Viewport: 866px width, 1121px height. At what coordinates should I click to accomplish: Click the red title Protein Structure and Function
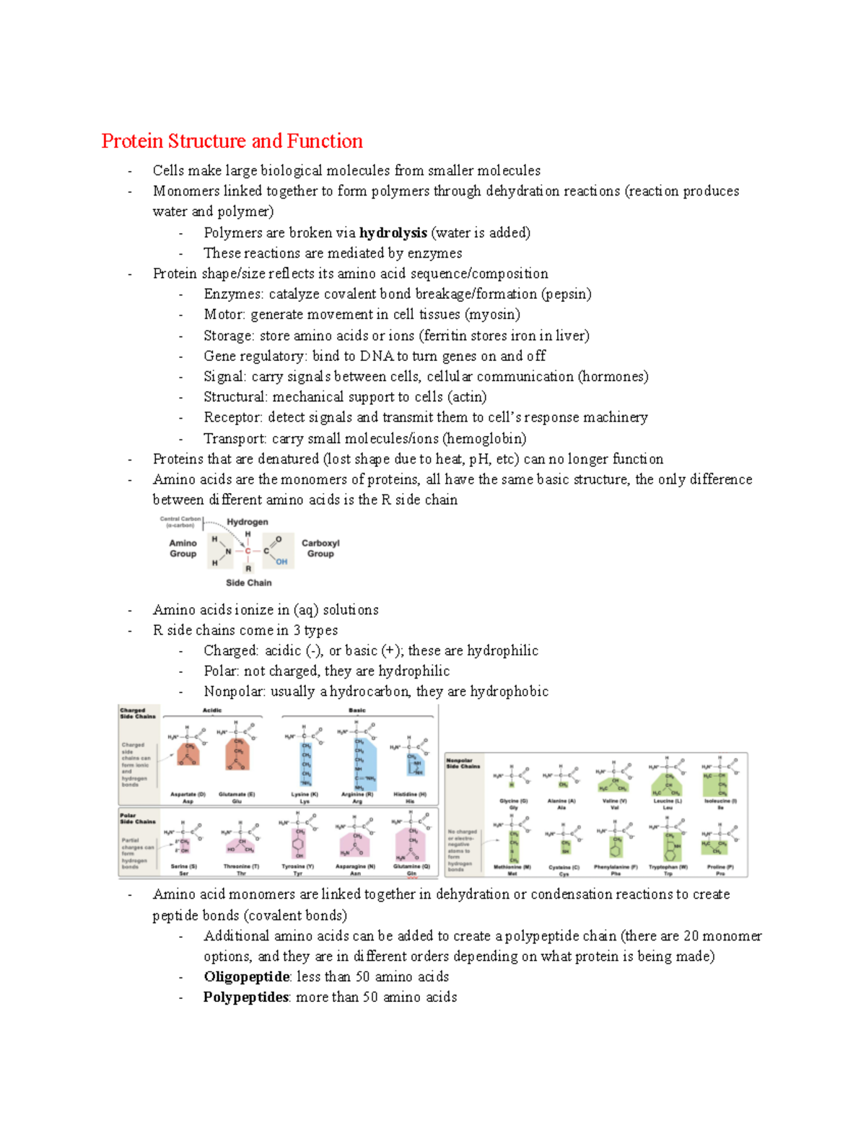[x=232, y=141]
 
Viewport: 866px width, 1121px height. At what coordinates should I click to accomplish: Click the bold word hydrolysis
[x=393, y=232]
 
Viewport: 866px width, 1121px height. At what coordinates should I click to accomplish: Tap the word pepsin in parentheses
[x=567, y=294]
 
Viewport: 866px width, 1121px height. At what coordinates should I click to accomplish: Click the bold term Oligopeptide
[x=247, y=977]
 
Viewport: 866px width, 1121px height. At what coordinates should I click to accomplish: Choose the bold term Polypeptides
[x=246, y=997]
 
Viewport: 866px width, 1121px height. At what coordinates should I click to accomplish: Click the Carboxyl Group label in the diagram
[x=320, y=548]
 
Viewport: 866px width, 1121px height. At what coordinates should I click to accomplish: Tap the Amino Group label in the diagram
[x=183, y=548]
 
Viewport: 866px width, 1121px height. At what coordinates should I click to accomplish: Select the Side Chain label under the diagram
[x=248, y=583]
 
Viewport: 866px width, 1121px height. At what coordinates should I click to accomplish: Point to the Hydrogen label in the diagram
[x=248, y=522]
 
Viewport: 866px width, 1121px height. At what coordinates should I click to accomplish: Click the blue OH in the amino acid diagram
[x=281, y=562]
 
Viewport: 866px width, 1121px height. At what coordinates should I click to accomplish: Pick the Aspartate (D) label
[x=188, y=794]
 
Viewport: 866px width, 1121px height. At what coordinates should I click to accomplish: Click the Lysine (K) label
[x=305, y=794]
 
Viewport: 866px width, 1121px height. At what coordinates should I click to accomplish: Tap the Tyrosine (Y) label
[x=298, y=866]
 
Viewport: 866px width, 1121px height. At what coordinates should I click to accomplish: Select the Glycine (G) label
[x=514, y=801]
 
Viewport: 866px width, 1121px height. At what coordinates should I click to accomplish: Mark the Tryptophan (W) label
[x=668, y=867]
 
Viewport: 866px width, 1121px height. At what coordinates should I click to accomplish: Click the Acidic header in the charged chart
[x=212, y=710]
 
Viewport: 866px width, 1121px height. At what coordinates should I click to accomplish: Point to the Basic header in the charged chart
[x=357, y=710]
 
